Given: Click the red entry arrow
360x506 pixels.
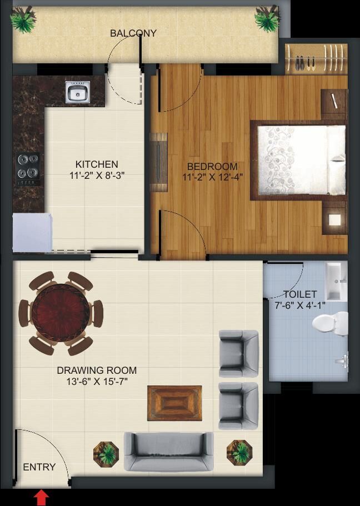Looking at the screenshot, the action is click(x=41, y=498).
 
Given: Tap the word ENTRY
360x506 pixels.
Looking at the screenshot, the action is click(x=39, y=467).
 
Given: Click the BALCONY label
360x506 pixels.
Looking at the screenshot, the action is click(x=133, y=33).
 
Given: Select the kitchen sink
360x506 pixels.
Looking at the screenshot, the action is click(x=77, y=92).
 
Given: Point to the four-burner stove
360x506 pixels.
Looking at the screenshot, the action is click(x=28, y=169).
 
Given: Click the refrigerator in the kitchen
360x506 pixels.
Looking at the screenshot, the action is click(x=32, y=232).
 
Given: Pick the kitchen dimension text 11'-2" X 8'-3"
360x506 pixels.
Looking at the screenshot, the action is click(x=97, y=176).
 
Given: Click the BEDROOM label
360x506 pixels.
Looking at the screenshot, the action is click(x=212, y=167).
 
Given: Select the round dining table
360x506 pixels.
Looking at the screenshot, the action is click(x=61, y=313).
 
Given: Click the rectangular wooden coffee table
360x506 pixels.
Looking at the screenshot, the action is click(x=174, y=403).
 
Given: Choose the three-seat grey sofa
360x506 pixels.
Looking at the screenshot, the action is click(x=169, y=452).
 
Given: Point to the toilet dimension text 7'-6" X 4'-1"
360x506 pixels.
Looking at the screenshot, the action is click(x=300, y=305).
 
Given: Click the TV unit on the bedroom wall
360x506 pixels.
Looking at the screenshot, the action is click(x=158, y=162).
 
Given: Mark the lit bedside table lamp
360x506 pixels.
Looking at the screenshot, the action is click(x=334, y=220).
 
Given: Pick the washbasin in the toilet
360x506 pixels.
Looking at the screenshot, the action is click(x=336, y=280).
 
